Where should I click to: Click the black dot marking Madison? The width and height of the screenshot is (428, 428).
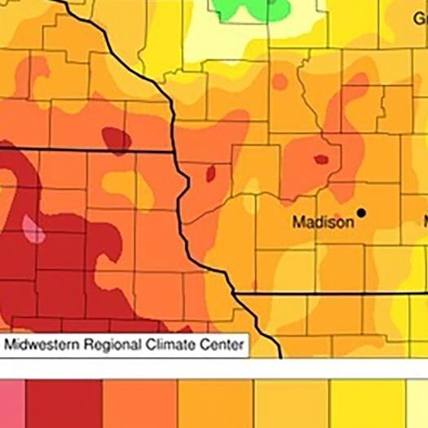[361, 213]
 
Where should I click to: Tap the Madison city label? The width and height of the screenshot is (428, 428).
[323, 222]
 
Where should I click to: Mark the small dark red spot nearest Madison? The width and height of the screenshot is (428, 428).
[320, 159]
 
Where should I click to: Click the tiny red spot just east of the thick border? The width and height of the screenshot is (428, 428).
[211, 173]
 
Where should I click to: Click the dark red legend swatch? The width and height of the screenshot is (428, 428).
[64, 404]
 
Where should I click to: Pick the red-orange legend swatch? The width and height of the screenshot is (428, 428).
[139, 404]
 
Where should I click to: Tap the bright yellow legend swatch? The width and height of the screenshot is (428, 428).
[367, 404]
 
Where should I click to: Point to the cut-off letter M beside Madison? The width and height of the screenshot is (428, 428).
[424, 222]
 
